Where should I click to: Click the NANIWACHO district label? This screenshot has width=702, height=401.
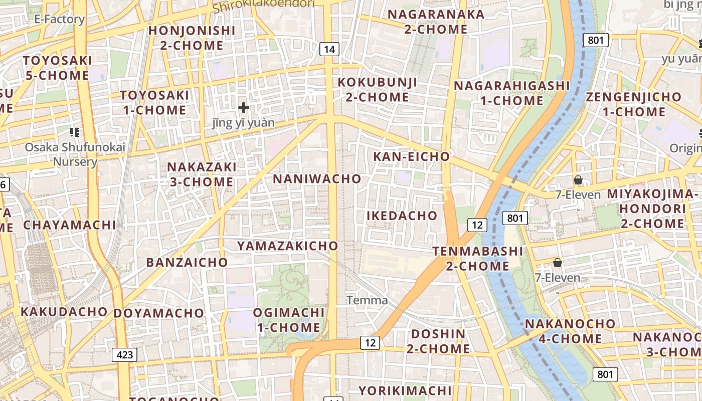tap(317, 179)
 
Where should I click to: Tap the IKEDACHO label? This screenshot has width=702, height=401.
tap(402, 216)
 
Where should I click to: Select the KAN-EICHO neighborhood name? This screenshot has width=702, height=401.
tap(412, 156)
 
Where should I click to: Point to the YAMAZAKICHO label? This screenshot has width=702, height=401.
tap(288, 246)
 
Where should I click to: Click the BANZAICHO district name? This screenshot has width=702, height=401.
tap(187, 262)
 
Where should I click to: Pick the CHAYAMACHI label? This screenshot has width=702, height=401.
tap(70, 225)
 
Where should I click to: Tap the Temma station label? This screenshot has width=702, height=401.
tap(368, 300)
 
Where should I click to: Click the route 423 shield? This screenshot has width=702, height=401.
tap(124, 355)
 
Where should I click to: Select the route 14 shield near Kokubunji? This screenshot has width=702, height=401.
tap(329, 49)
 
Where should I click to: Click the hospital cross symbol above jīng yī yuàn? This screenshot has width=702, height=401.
tap(244, 107)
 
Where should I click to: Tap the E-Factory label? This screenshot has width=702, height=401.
tap(59, 19)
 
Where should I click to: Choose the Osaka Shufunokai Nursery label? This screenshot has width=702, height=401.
tap(75, 154)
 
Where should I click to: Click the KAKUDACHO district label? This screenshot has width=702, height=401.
tap(64, 312)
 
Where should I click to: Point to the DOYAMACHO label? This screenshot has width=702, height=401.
tap(159, 313)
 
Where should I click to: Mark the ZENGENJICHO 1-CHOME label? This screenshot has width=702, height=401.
tap(634, 104)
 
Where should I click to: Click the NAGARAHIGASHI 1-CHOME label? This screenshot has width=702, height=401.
tap(512, 93)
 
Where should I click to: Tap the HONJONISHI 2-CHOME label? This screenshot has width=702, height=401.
tap(192, 38)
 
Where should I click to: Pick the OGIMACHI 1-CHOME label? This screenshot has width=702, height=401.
tap(289, 320)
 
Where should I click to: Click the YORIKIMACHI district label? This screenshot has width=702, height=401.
tap(405, 390)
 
